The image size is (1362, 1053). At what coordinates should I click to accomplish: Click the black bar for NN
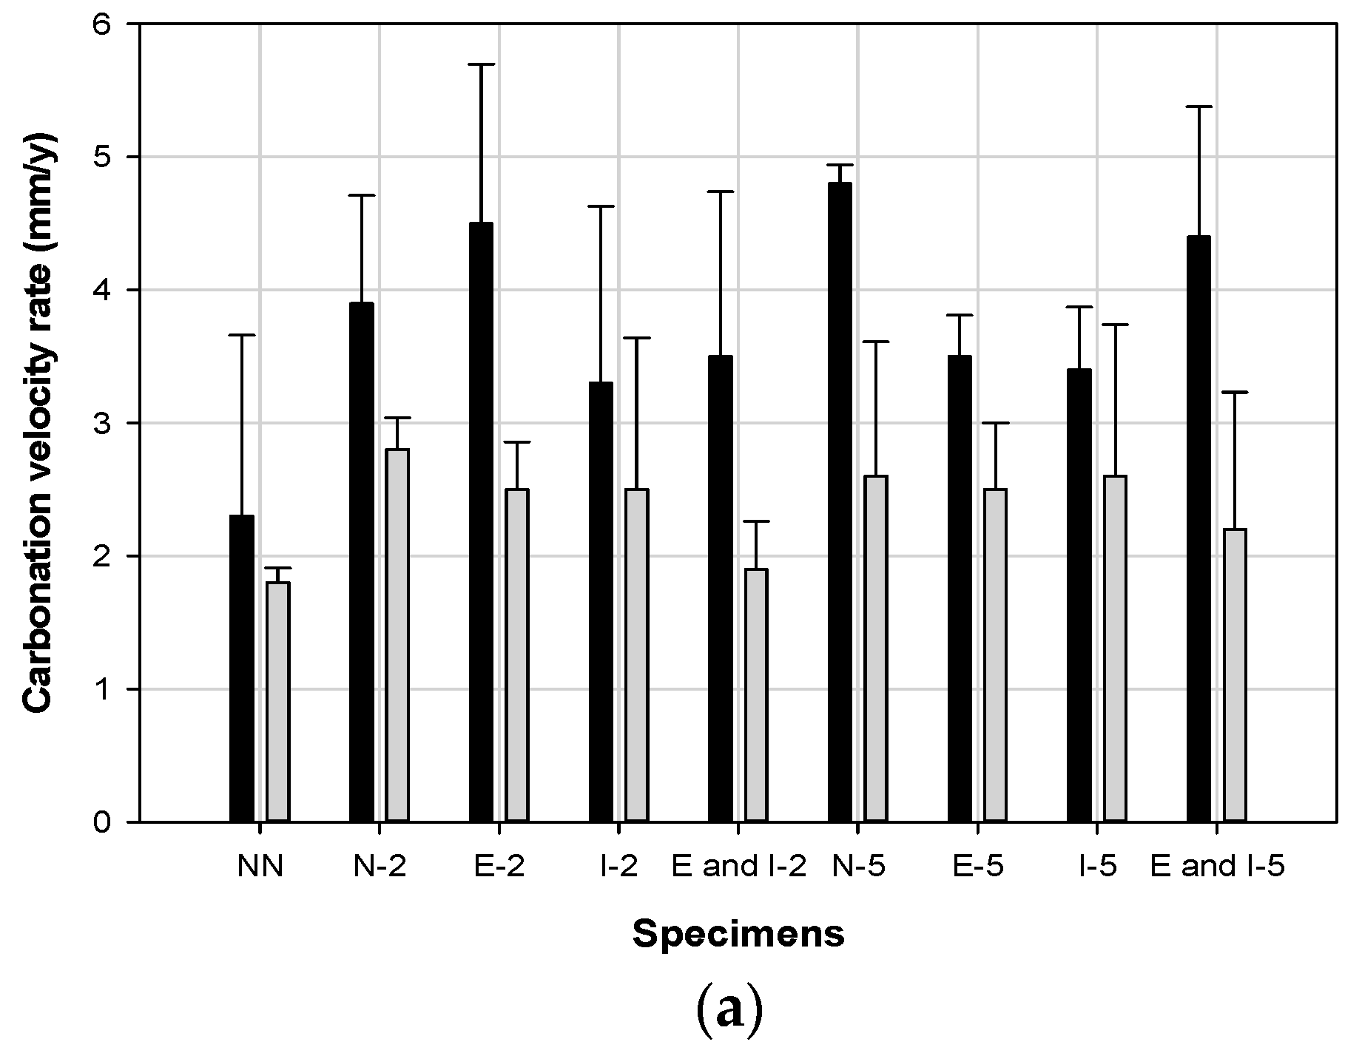242,668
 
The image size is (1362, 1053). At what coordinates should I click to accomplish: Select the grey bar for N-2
397,635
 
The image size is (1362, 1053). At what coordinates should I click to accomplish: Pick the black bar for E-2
481,522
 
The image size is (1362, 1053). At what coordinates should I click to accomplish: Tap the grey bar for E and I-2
756,695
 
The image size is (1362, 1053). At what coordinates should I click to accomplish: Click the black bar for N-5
840,502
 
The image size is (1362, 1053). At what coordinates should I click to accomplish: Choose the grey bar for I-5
1115,649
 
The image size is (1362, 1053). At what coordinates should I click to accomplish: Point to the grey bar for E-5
995,655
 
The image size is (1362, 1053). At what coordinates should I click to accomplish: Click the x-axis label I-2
619,867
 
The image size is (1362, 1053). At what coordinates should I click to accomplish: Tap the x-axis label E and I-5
1217,867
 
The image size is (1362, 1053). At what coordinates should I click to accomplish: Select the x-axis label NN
260,867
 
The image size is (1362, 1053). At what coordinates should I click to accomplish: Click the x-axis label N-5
858,867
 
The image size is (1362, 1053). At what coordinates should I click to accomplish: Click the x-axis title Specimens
738,935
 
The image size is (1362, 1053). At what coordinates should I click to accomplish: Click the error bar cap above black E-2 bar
481,65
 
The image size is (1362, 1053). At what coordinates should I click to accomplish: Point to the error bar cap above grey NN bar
278,568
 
